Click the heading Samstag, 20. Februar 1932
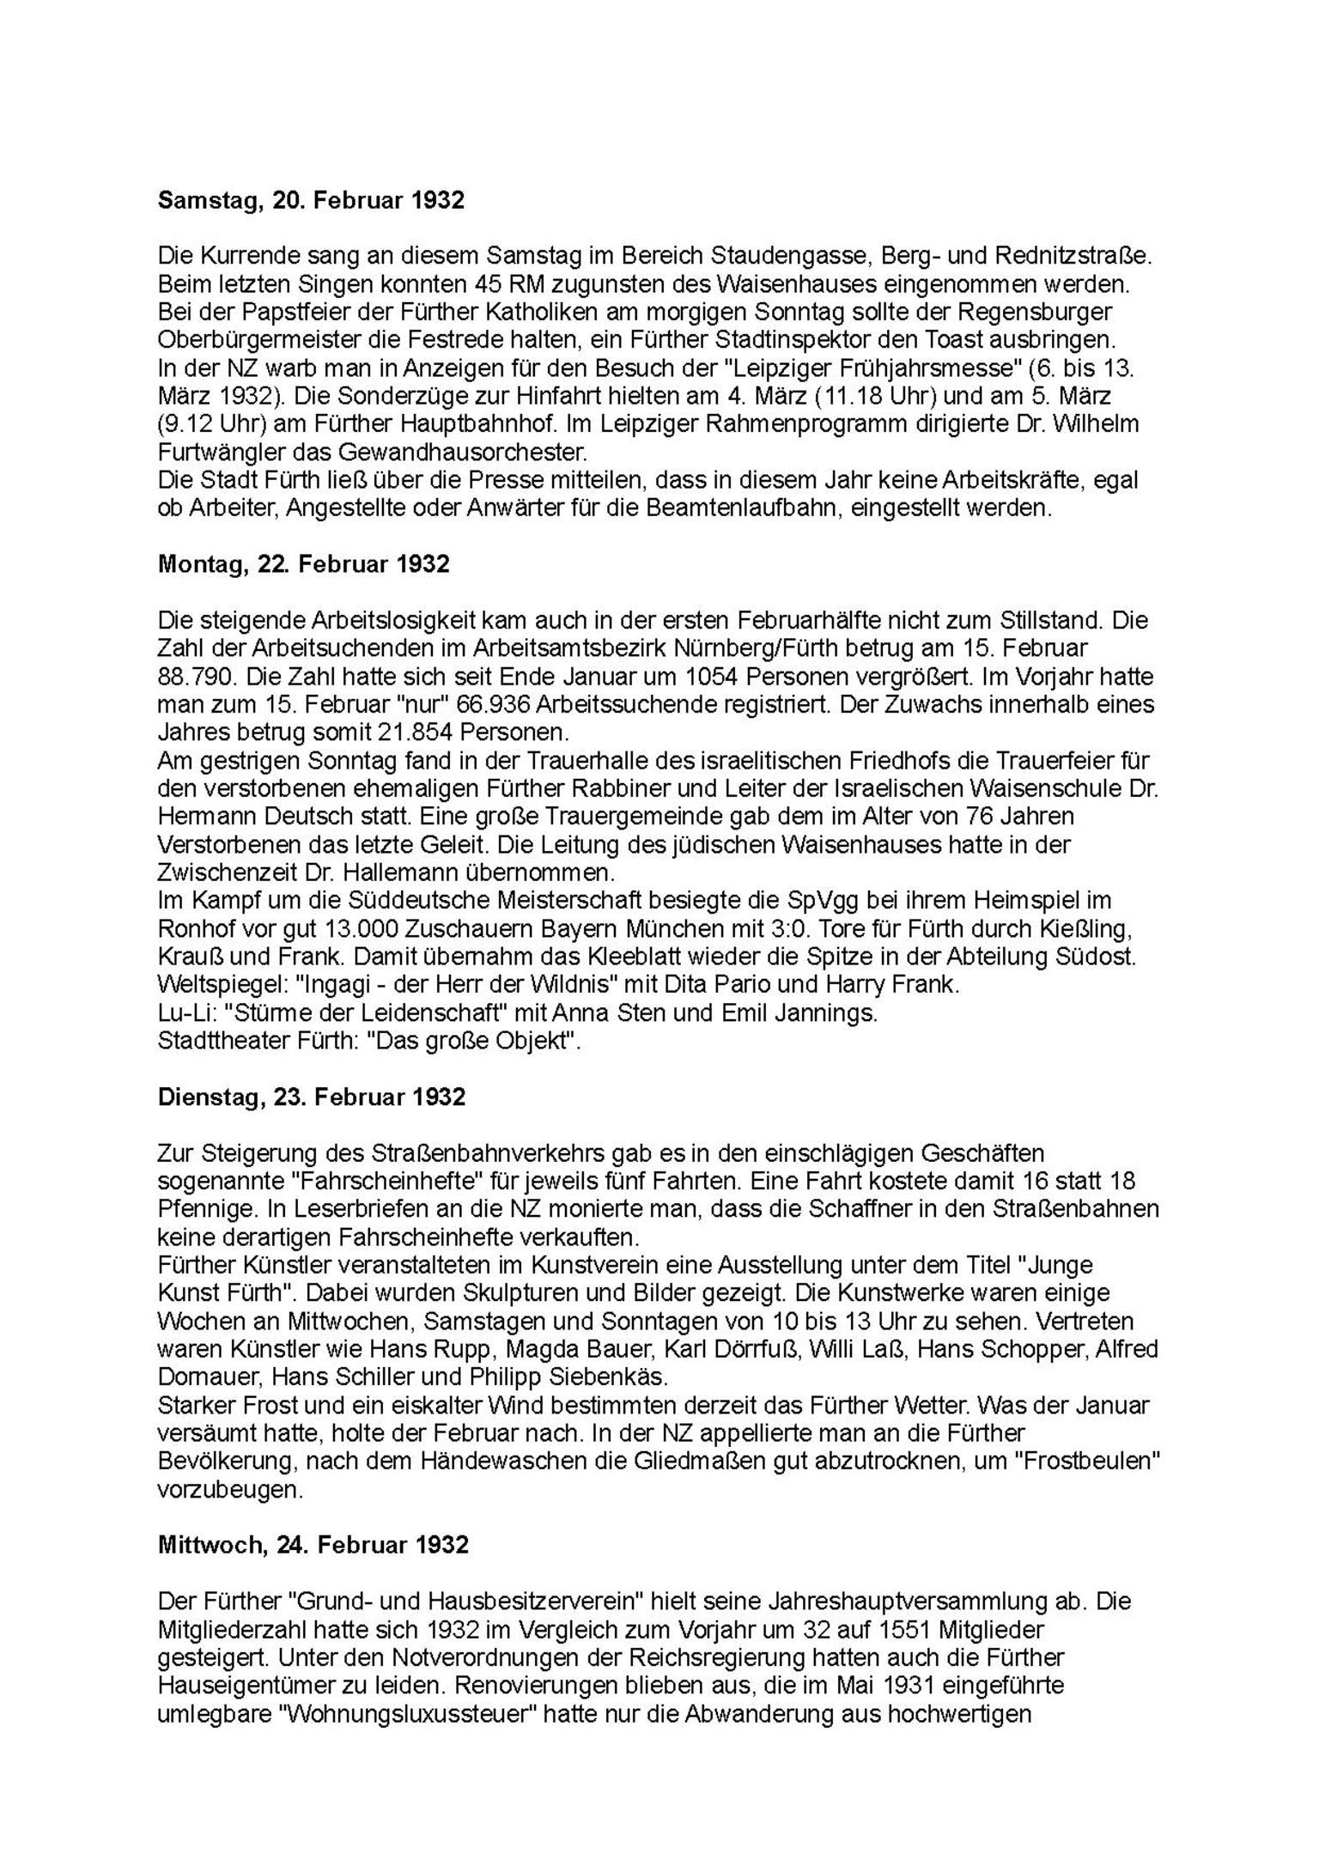tap(311, 201)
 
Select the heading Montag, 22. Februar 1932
tap(304, 564)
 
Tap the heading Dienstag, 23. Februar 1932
tap(311, 1097)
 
